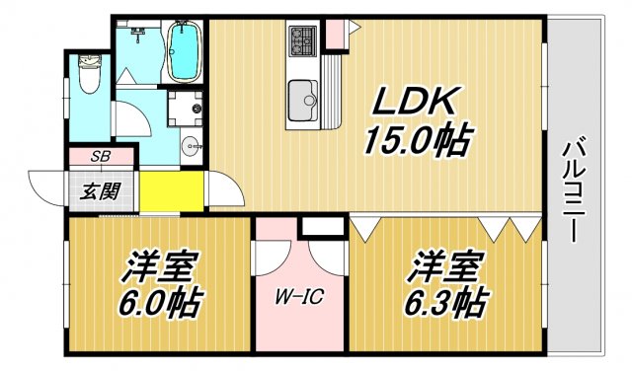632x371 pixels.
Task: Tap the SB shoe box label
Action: coord(101,157)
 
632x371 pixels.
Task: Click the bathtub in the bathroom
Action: coord(183,52)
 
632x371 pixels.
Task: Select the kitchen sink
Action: coord(302,98)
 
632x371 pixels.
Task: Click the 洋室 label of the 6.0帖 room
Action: coord(161,265)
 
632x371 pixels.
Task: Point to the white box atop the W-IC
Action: coord(319,226)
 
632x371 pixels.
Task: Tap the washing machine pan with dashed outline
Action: coord(185,110)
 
